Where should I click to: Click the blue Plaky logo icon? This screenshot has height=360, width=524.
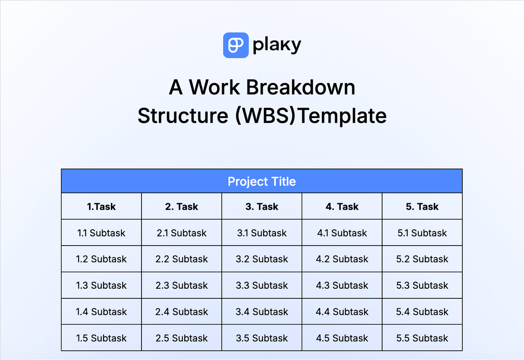[x=236, y=45]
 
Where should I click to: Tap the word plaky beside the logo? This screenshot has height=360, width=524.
[x=277, y=45]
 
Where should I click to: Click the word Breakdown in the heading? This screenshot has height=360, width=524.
[x=301, y=87]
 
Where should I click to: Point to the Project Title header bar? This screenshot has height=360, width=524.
[x=262, y=181]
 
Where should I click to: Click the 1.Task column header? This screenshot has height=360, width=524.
[x=101, y=207]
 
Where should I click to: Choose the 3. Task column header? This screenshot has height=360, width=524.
[x=262, y=207]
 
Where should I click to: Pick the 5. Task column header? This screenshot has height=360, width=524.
[x=422, y=207]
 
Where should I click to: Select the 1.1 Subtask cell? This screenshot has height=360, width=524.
[x=101, y=233]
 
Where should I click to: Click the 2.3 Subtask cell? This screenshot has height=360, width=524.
[x=182, y=285]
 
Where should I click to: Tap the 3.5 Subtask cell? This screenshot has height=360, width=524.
[x=262, y=338]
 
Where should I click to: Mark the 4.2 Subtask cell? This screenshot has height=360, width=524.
[x=342, y=259]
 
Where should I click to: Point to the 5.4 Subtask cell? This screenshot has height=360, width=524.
[x=422, y=312]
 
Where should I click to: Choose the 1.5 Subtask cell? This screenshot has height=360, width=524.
[x=101, y=338]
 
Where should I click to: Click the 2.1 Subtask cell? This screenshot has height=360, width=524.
[x=182, y=233]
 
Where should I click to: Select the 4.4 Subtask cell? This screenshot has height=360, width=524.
[x=342, y=312]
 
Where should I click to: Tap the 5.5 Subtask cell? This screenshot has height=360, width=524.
[x=422, y=338]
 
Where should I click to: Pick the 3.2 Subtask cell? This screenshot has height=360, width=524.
[x=262, y=259]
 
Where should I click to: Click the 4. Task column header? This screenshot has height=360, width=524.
[x=342, y=207]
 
